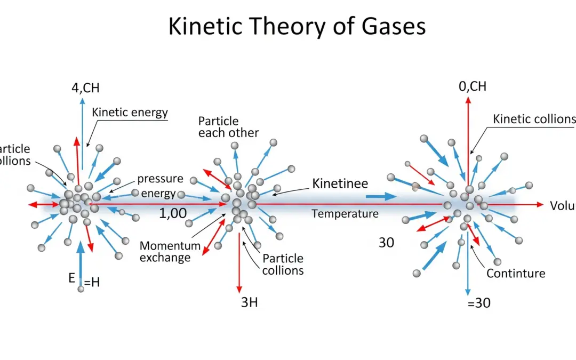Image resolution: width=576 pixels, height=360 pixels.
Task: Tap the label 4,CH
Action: tap(85, 87)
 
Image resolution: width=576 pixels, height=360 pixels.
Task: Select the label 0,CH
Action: tap(473, 86)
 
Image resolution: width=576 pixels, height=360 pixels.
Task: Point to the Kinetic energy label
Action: tap(130, 113)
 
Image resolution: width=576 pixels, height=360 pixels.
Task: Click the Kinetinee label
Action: tap(340, 184)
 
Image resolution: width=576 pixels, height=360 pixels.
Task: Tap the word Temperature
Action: tap(345, 214)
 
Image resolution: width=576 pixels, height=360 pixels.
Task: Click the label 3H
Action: tap(249, 302)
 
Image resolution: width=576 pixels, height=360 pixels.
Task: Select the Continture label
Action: tap(515, 274)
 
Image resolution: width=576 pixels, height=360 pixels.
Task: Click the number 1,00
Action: tap(173, 214)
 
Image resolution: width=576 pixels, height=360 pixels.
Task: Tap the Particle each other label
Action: tap(228, 127)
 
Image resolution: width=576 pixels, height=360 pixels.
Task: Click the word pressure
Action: tap(160, 179)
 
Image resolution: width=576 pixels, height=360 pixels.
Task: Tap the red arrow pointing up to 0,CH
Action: tap(468, 139)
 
